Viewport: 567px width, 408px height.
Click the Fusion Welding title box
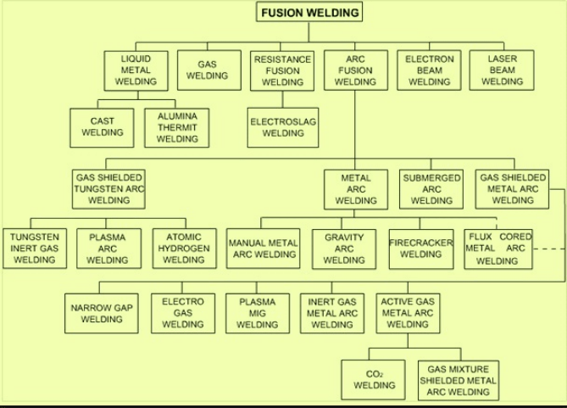(309, 12)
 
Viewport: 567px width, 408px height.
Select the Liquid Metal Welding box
(136, 70)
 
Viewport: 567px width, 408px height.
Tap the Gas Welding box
(207, 70)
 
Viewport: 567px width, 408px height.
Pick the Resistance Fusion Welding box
(282, 70)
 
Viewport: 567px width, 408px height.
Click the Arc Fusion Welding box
(355, 70)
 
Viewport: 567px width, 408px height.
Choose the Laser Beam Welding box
(502, 70)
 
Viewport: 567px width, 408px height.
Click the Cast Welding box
(102, 126)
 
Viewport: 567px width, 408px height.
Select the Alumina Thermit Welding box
(177, 126)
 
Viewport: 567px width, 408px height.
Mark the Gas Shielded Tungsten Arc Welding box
(108, 189)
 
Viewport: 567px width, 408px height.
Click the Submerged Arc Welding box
(431, 189)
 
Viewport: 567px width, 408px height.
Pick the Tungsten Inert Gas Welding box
(34, 248)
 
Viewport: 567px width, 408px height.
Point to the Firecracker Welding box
(421, 248)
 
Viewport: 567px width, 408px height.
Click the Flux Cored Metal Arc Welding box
(498, 248)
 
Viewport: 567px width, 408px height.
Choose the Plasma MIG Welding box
(257, 313)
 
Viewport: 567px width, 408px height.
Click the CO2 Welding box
(374, 379)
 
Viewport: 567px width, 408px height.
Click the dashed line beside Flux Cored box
(549, 249)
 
